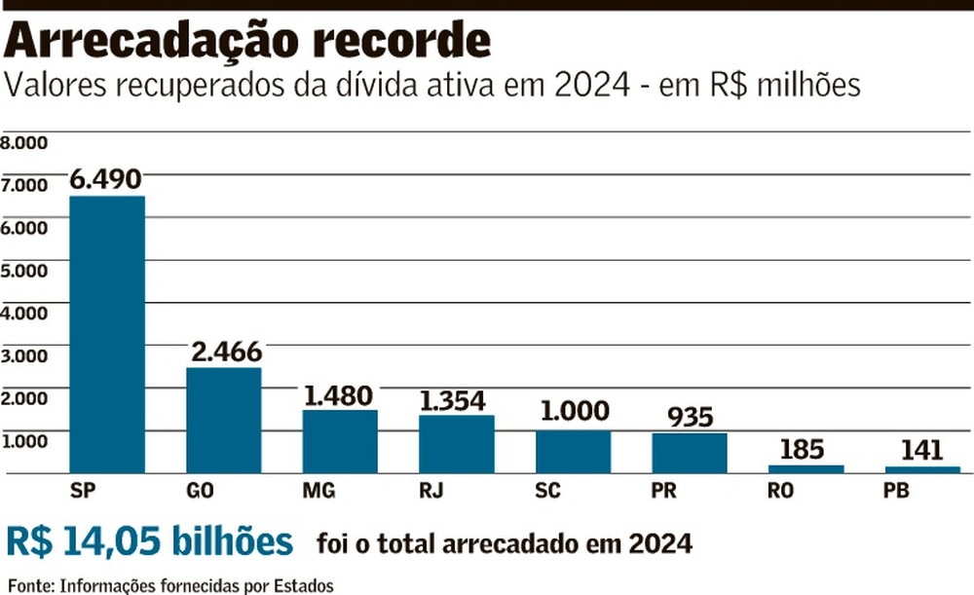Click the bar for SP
tap(107, 334)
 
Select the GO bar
tap(223, 420)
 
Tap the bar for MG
tap(340, 441)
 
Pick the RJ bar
tap(457, 444)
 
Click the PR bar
tap(690, 453)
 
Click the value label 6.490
tap(106, 180)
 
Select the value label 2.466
tap(225, 352)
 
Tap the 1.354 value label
tap(458, 400)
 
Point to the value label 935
tap(691, 418)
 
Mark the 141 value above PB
tap(920, 451)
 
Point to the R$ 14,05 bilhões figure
tap(150, 541)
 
